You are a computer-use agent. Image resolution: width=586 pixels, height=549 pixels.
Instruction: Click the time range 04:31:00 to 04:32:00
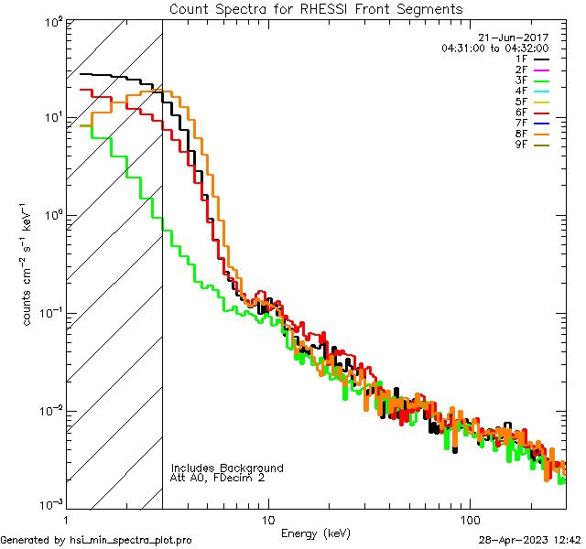494,48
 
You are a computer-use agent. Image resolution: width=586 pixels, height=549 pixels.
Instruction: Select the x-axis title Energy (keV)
315,533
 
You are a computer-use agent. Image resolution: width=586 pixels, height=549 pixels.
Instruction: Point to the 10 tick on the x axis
268,520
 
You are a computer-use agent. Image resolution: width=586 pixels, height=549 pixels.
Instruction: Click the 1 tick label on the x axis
66,520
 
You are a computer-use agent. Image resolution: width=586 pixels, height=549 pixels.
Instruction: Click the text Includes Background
227,468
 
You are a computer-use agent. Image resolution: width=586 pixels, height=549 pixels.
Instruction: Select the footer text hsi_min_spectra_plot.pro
131,540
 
